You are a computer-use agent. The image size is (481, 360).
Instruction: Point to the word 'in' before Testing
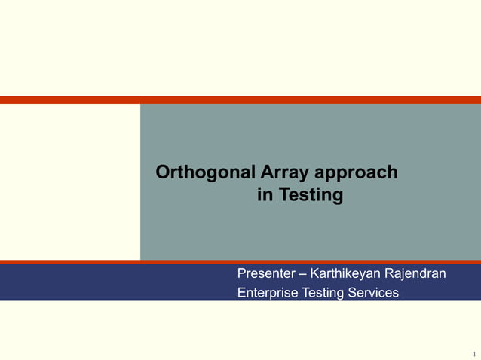(265, 196)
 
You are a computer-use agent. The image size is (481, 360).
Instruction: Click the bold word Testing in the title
(311, 197)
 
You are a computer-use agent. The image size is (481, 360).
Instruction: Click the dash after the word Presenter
(303, 273)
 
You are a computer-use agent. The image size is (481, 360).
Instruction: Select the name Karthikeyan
(345, 273)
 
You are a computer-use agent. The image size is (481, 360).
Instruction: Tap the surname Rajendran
(415, 273)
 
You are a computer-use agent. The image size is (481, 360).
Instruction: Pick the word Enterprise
(268, 292)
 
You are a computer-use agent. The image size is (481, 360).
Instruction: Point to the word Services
(373, 292)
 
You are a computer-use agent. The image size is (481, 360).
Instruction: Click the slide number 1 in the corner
(474, 354)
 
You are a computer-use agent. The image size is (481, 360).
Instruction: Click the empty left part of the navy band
(113, 282)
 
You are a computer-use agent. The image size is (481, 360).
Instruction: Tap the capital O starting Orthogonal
(163, 173)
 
